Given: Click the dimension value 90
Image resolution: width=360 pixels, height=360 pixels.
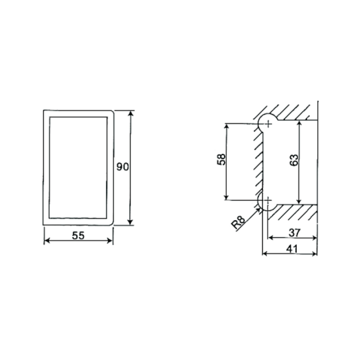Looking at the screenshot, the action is pyautogui.click(x=122, y=166).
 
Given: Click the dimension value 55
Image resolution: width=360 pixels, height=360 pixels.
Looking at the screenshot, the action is pyautogui.click(x=78, y=235).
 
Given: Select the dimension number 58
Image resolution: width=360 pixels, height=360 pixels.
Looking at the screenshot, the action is pyautogui.click(x=221, y=159).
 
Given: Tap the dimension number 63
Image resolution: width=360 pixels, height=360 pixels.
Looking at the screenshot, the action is pyautogui.click(x=294, y=160).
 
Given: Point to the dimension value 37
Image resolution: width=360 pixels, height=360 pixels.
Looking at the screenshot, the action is pyautogui.click(x=295, y=233).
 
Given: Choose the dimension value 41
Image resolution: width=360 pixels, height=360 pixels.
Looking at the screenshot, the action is pyautogui.click(x=292, y=249).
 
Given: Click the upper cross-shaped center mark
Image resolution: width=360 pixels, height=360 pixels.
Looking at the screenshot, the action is pyautogui.click(x=268, y=124).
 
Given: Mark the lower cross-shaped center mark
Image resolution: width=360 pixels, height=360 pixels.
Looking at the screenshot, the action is pyautogui.click(x=268, y=200).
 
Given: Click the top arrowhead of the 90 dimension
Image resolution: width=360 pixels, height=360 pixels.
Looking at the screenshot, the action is pyautogui.click(x=130, y=114).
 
